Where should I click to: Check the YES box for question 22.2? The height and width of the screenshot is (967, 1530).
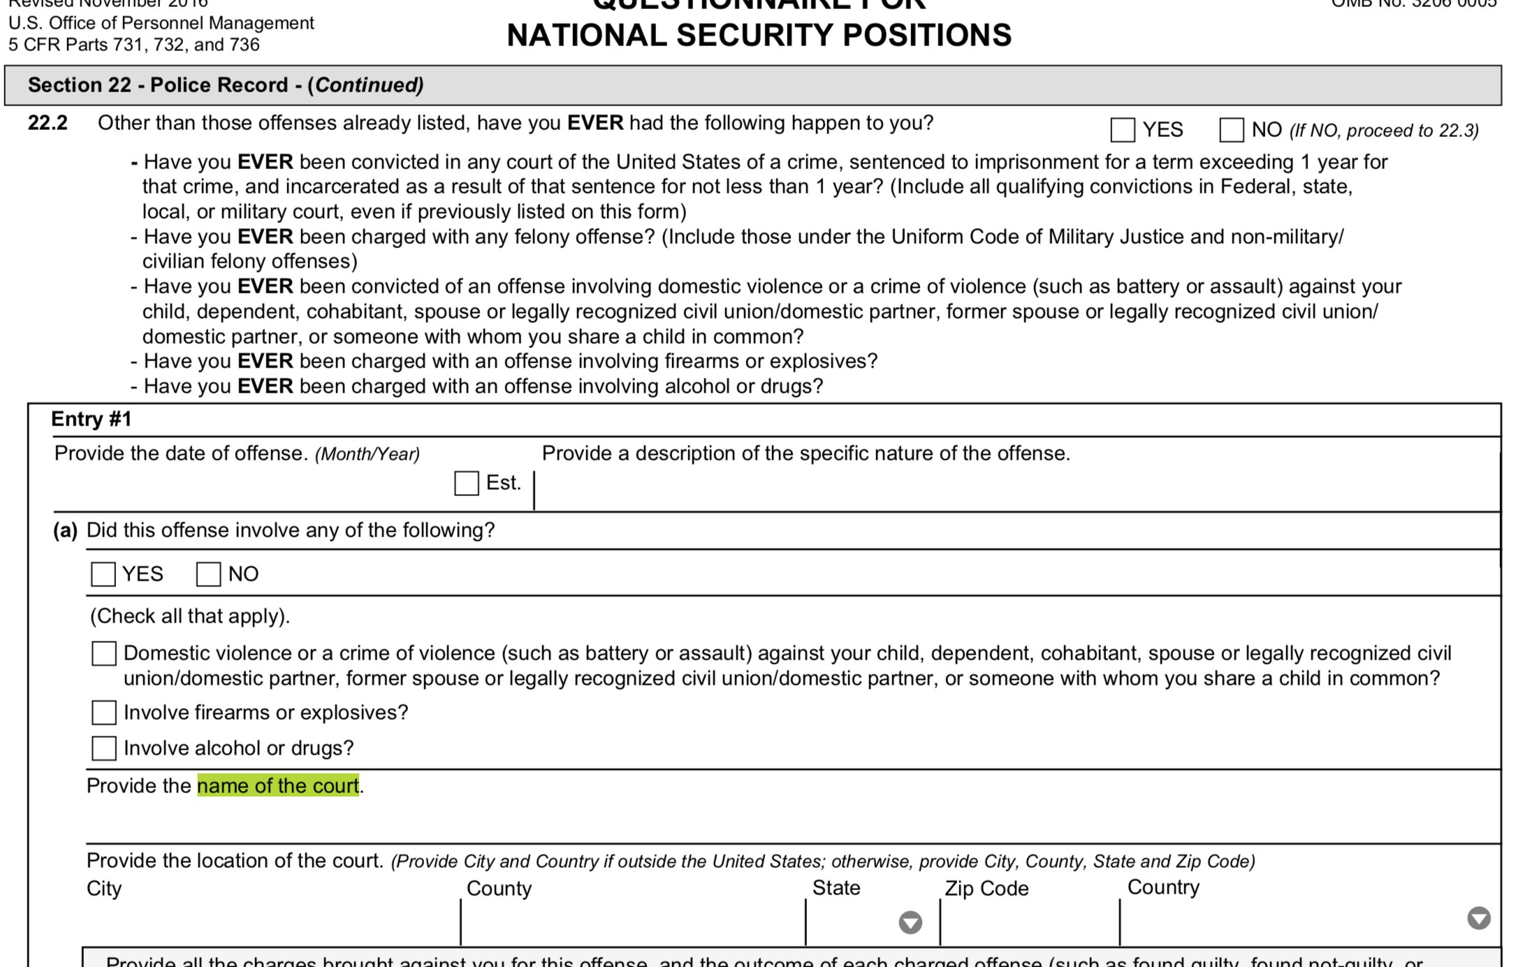(x=1122, y=130)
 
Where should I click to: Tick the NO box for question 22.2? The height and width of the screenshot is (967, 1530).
(x=1231, y=130)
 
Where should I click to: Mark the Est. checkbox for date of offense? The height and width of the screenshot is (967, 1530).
(x=466, y=483)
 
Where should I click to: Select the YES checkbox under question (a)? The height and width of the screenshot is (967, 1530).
(x=103, y=574)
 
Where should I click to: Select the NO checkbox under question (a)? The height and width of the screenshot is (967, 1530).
(x=208, y=574)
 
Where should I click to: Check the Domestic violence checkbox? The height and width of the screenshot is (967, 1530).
(x=104, y=654)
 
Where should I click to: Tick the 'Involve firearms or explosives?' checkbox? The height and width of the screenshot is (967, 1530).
(x=104, y=713)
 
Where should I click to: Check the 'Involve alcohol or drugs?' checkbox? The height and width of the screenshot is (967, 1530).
(x=104, y=748)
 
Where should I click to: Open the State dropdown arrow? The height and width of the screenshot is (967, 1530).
(x=910, y=922)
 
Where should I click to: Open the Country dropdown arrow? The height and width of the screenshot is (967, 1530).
(x=1478, y=918)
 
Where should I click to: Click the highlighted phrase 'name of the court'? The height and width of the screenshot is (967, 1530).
(x=278, y=786)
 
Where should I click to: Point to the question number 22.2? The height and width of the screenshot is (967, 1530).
(x=48, y=124)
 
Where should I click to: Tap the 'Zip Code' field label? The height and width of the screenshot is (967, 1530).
(x=986, y=889)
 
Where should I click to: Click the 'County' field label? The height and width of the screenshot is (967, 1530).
(x=499, y=889)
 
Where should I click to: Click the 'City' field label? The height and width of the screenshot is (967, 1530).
(x=104, y=889)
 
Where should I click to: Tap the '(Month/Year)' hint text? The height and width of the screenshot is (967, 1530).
(x=367, y=454)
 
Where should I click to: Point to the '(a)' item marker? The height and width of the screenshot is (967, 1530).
(x=65, y=530)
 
